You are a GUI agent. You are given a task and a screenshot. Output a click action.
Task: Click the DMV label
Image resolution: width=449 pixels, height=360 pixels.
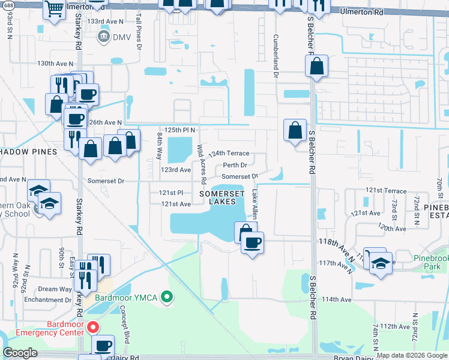pos(122,37)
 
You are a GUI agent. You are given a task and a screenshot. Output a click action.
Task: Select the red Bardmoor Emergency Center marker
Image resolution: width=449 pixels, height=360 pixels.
pos(92,328)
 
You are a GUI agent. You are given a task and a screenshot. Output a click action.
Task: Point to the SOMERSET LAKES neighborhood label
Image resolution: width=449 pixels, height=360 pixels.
pos(221,198)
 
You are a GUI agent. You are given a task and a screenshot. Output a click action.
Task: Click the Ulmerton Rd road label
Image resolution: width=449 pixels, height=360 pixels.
pos(361,11)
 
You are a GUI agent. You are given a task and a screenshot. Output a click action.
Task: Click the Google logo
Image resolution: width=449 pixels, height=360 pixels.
pos(20,353)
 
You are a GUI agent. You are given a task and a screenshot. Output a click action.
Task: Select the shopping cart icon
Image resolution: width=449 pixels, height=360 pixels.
pos(54,9)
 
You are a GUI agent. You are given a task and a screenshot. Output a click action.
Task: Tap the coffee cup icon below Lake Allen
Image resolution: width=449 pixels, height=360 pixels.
pos(252,242)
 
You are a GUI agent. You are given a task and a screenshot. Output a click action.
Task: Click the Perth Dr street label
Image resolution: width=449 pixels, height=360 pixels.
pos(235,165)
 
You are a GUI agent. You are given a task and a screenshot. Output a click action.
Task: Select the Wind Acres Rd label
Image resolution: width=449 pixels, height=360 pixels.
pos(202,164)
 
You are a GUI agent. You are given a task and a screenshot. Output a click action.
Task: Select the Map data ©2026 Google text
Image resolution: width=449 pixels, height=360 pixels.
pos(411,355)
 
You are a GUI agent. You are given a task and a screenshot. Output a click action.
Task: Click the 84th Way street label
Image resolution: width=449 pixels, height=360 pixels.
pos(160,146)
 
